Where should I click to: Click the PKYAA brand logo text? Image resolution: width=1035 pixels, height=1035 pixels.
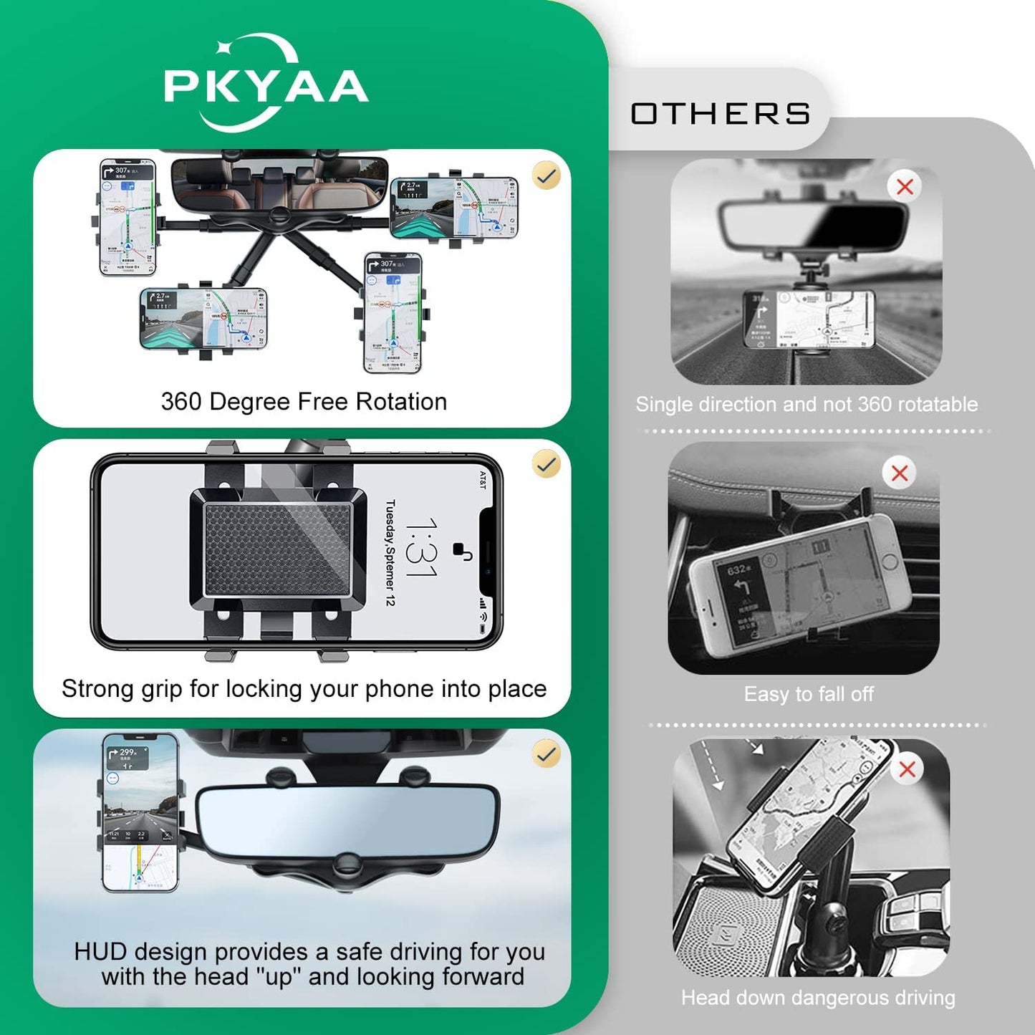pos(266,87)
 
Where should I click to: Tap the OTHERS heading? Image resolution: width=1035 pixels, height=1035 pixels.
pos(720,114)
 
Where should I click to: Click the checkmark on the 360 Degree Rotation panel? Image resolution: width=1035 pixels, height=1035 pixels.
pos(547,175)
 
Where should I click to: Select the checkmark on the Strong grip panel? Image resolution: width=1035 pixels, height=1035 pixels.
pos(547,464)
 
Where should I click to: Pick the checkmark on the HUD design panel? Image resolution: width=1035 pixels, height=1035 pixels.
pos(547,754)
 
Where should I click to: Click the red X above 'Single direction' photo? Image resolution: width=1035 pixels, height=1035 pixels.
pos(905,187)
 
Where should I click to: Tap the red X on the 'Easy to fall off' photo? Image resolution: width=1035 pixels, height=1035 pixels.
pos(900,473)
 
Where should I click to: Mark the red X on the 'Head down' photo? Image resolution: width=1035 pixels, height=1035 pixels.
pos(907,769)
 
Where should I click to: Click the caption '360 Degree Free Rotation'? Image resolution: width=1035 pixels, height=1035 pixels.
pos(304,402)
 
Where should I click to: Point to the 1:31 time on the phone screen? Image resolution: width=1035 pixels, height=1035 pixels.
pos(421,548)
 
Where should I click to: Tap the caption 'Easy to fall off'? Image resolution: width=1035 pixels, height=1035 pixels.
pos(809,694)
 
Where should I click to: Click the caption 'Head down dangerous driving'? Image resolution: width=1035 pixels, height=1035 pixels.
pos(818,998)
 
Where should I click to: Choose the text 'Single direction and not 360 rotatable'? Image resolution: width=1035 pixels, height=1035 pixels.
pos(807,404)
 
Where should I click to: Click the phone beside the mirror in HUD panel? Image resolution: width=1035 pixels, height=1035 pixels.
pos(140,813)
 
